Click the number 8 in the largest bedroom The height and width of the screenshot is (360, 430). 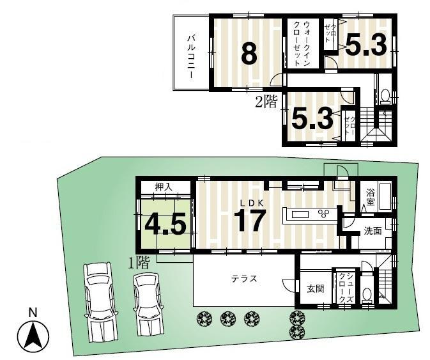(249, 54)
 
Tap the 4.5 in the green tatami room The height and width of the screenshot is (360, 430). (165, 224)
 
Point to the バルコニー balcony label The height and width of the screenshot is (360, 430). (190, 56)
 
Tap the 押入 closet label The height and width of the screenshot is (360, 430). (164, 187)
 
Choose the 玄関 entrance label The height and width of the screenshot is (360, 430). (315, 288)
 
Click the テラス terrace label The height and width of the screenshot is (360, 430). (244, 278)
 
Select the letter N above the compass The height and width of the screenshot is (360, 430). (33, 313)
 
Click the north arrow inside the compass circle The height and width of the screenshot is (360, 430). (33, 336)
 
